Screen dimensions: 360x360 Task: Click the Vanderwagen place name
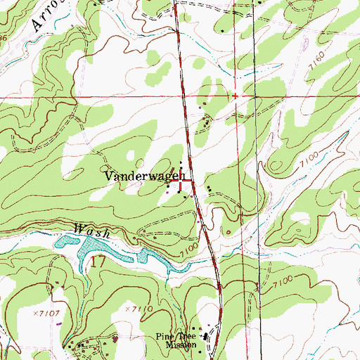pos(144,176)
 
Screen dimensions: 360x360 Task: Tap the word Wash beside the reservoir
pos(85,229)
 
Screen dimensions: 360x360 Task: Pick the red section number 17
pos(98,262)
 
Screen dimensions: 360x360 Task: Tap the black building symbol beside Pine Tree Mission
pos(205,337)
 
